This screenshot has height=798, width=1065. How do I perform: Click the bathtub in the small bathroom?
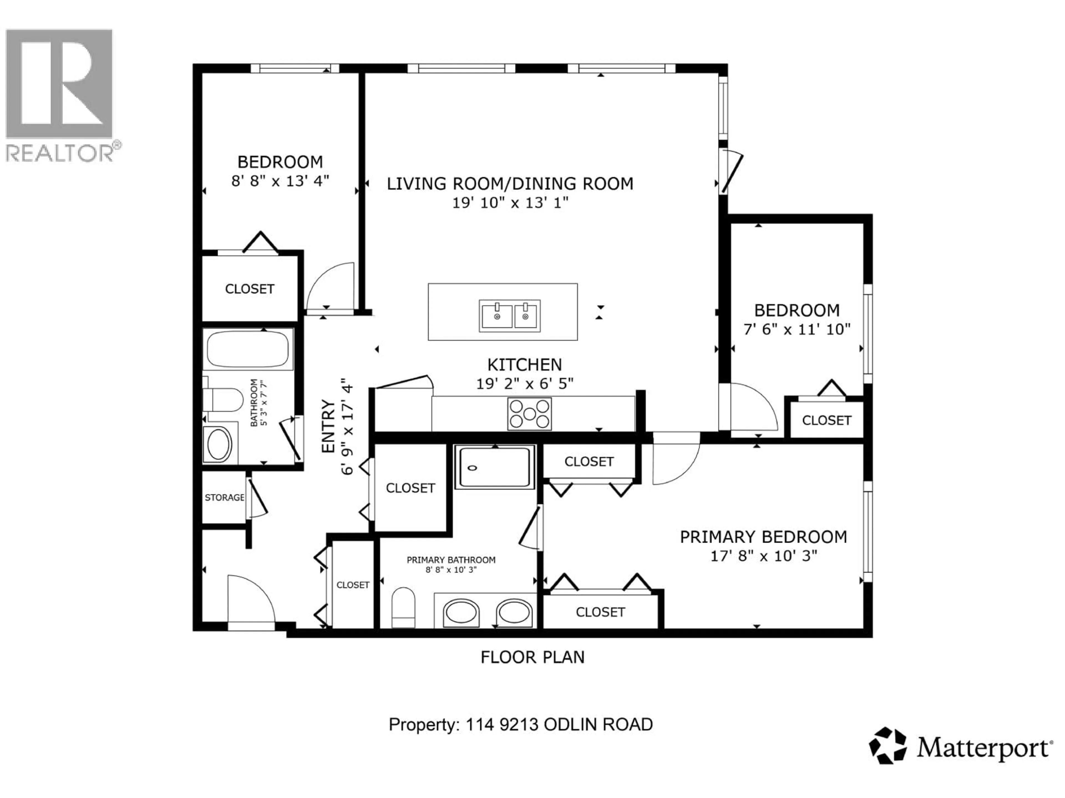click(x=248, y=349)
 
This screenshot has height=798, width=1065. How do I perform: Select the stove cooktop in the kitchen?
click(x=529, y=414)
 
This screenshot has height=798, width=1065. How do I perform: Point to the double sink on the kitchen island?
click(x=509, y=316)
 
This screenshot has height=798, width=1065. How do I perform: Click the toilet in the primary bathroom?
click(x=403, y=608)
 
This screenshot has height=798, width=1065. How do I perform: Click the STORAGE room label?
click(x=224, y=497)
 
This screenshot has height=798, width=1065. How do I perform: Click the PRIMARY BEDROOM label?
click(x=763, y=537)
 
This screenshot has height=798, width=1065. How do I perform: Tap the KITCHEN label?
click(x=524, y=365)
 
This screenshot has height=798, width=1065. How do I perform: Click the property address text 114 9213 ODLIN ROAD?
click(x=559, y=724)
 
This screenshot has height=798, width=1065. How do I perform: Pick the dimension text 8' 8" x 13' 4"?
click(x=280, y=181)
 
